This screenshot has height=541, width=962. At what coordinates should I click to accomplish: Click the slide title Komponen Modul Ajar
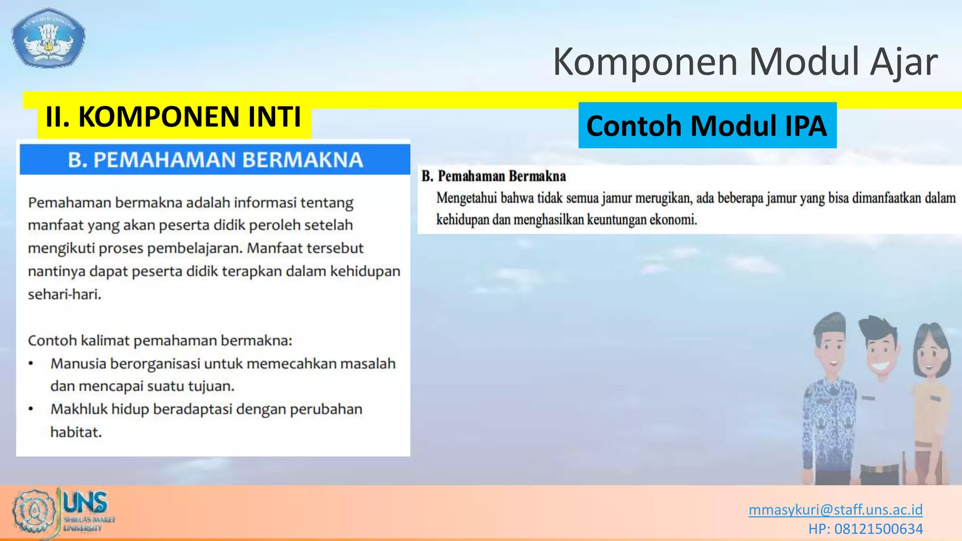(745, 62)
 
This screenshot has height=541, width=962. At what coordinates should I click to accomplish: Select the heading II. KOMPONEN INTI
(173, 117)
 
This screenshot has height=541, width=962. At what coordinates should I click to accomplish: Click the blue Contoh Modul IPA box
(707, 126)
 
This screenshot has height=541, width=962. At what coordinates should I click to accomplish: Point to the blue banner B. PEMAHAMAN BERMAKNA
(215, 160)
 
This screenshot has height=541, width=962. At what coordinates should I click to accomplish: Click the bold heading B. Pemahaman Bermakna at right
(494, 176)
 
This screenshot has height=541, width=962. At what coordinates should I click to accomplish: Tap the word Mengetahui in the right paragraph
(466, 198)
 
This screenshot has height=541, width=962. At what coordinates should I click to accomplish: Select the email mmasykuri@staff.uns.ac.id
(835, 510)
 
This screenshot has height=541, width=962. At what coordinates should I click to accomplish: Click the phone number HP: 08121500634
(865, 529)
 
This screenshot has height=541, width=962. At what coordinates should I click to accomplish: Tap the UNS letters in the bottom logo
(85, 502)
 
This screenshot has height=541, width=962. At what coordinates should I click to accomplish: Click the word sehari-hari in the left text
(64, 294)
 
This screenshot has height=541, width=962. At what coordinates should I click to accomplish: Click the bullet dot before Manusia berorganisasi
(31, 364)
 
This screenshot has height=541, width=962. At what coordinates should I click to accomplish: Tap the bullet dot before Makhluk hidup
(31, 410)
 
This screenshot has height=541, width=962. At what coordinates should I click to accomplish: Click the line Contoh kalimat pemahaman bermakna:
(160, 340)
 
